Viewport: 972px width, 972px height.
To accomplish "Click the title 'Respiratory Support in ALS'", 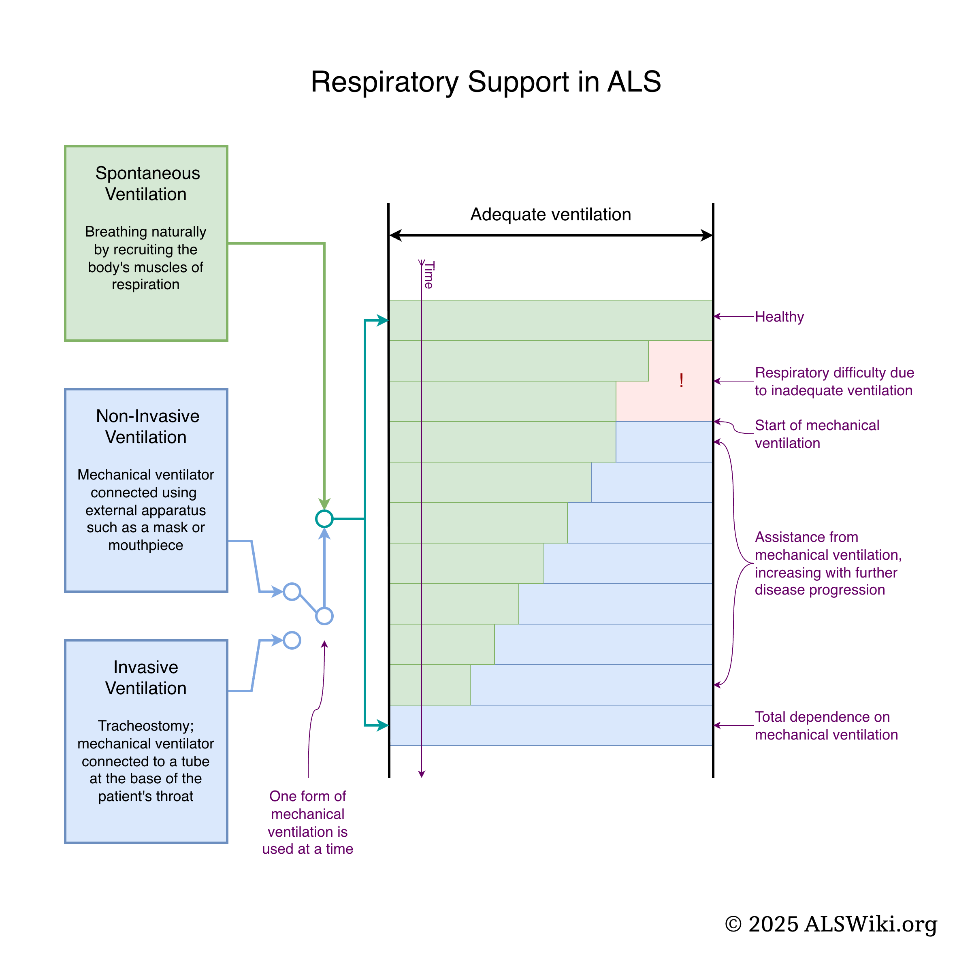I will point(486,81).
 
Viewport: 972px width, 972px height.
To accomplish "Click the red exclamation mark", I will point(681,380).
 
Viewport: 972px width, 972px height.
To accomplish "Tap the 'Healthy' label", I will point(779,317).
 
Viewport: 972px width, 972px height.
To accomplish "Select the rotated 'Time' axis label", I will point(429,275).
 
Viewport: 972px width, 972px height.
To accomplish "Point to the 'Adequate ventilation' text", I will point(550,214).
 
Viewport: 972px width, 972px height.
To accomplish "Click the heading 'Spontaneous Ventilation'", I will point(146,183).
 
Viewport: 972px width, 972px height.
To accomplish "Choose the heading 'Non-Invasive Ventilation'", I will point(146,426).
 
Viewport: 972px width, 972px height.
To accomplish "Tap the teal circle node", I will point(324,519).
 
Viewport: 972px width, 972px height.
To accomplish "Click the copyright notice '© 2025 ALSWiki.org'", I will point(831,924).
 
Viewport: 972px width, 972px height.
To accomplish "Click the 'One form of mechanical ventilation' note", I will point(307,822).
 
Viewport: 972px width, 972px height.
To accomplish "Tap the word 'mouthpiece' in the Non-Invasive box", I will point(146,546).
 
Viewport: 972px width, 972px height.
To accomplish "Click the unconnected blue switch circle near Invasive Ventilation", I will point(292,640).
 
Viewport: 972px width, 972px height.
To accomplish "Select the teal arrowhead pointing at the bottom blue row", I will point(384,725).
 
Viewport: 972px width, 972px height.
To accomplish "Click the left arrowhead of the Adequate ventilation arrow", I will point(395,235).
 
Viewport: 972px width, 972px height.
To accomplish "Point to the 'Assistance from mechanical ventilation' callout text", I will point(827,563).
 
